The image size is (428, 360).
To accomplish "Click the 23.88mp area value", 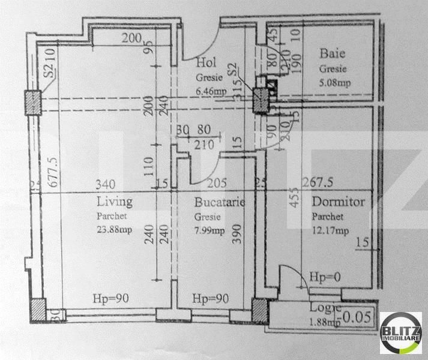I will point(115,229).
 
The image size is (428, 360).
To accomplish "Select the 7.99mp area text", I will point(209,230).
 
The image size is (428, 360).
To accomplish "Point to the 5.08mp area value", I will point(335,83).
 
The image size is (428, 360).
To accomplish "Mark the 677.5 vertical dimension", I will point(52,173).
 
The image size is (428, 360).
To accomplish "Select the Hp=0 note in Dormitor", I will point(324,277).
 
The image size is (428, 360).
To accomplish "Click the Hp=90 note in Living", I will point(112,298).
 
